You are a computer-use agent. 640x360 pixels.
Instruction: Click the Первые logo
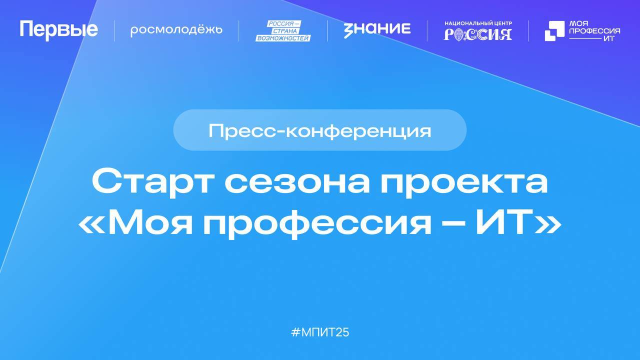pyautogui.click(x=58, y=30)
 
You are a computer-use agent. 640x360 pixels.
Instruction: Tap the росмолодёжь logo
pyautogui.click(x=176, y=30)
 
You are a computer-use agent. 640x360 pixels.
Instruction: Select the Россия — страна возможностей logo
pyautogui.click(x=283, y=30)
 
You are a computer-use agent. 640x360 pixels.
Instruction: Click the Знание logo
pyautogui.click(x=377, y=29)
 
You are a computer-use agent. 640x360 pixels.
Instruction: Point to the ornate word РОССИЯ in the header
pyautogui.click(x=478, y=34)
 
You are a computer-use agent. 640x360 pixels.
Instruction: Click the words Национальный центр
pyautogui.click(x=478, y=23)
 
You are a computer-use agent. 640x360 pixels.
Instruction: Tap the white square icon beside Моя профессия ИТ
pyautogui.click(x=553, y=31)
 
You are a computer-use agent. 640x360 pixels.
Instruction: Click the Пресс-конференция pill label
pyautogui.click(x=319, y=130)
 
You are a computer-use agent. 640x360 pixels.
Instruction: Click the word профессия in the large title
pyautogui.click(x=317, y=224)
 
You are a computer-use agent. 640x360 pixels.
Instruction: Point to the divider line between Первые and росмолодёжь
pyautogui.click(x=114, y=30)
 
